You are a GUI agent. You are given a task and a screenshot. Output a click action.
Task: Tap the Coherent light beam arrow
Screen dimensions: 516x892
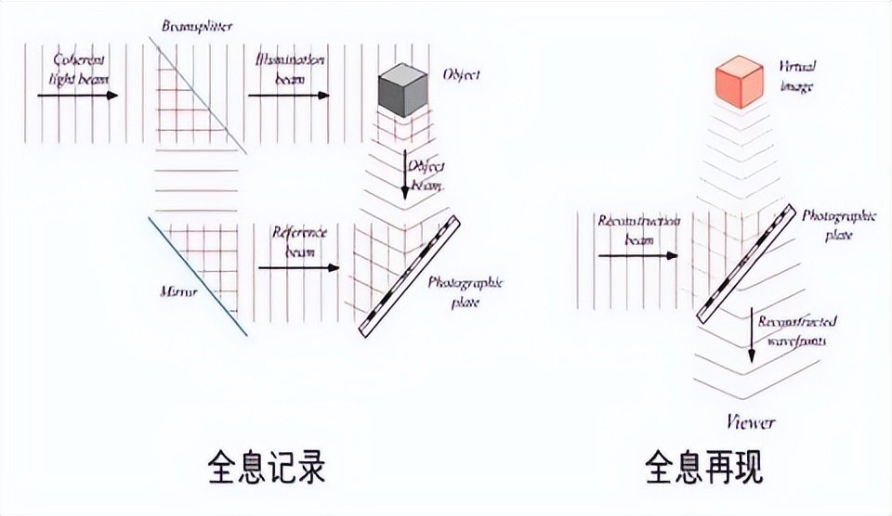pos(84,94)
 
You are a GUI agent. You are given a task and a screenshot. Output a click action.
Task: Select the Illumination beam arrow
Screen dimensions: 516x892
pos(286,94)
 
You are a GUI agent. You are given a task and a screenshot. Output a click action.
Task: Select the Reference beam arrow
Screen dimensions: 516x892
pos(297,267)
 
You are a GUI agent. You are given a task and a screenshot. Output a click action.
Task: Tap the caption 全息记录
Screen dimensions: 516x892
pos(267,467)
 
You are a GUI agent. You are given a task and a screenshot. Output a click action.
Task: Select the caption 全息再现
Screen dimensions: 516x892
pos(703,467)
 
